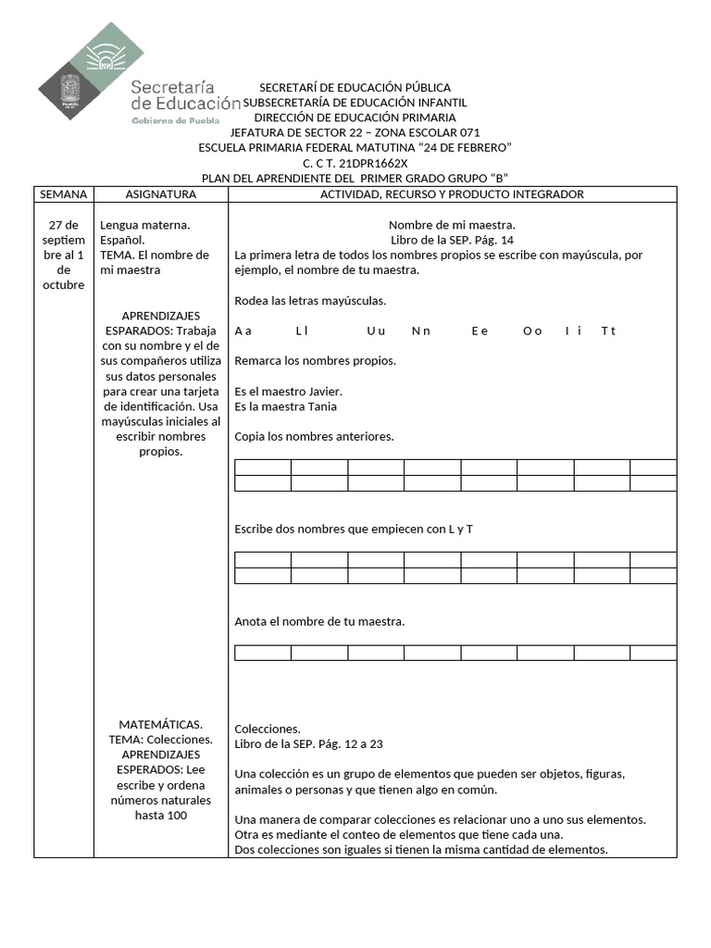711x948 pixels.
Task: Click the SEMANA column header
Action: [x=63, y=194]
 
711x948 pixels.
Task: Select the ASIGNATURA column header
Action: [x=161, y=194]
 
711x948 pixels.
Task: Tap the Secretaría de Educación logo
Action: [x=139, y=79]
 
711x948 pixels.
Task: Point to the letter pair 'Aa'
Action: [x=243, y=331]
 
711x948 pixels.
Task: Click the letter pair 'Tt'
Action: [x=608, y=331]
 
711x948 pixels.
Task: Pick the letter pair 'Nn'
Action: [x=421, y=331]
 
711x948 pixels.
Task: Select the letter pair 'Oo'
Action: [x=532, y=331]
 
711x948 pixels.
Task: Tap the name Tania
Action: [x=318, y=406]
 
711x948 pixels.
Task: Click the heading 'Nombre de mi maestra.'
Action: [x=452, y=225]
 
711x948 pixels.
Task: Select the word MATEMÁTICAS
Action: [x=161, y=724]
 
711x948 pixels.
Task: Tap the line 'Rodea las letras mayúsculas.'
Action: [x=310, y=301]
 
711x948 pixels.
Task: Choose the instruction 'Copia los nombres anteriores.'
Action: [x=315, y=436]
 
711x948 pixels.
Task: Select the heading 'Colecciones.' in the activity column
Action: [x=268, y=729]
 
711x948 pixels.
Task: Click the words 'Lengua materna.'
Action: [x=145, y=225]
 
